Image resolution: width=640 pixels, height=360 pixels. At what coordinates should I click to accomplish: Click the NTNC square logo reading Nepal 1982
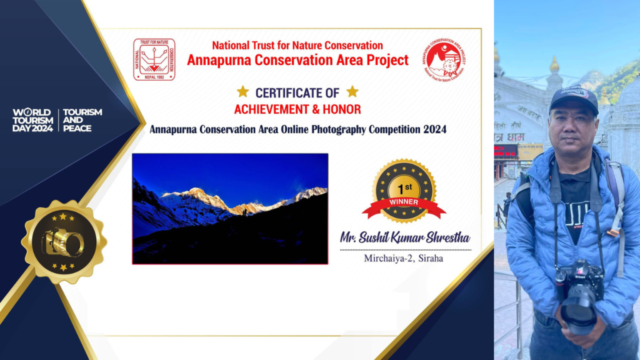(x=154, y=59)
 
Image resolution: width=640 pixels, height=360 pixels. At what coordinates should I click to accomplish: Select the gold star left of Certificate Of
(x=242, y=92)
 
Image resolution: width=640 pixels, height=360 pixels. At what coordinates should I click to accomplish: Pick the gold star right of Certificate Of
(x=352, y=92)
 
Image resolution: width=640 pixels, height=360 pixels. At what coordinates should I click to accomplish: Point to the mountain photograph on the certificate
(x=230, y=209)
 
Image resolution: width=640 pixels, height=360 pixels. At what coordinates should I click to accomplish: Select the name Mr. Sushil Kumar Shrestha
(x=405, y=237)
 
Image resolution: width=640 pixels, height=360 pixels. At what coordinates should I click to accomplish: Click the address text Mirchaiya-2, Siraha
(x=404, y=257)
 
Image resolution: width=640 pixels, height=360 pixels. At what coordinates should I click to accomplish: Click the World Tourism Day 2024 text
(x=33, y=120)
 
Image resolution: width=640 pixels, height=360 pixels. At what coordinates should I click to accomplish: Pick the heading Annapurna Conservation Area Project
(x=297, y=60)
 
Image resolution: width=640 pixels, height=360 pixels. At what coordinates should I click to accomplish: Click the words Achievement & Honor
(x=297, y=109)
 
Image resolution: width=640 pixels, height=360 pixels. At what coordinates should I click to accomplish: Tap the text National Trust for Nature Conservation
(x=297, y=45)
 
